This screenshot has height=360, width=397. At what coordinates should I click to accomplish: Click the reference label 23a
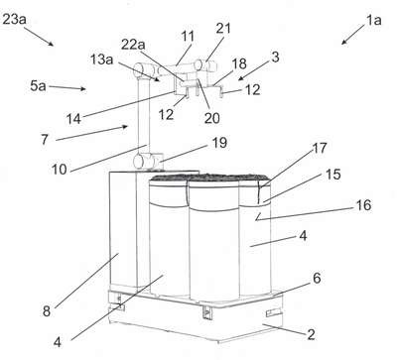coord(14,19)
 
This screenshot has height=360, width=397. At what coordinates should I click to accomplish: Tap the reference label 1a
coord(373,21)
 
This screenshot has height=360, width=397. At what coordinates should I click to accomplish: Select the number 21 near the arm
coord(223,29)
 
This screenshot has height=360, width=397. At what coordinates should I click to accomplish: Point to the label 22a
coord(133,45)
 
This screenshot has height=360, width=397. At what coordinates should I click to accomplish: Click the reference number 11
coord(188,37)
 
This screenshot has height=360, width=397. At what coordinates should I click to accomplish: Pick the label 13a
coord(101,60)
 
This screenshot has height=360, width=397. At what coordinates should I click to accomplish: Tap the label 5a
coord(38,86)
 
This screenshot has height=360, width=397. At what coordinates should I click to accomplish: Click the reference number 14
coord(73,119)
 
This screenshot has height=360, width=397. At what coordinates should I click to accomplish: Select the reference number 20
coord(211,118)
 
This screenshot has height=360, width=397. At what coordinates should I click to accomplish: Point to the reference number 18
coord(239,63)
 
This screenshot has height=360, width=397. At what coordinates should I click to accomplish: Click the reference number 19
coord(219,143)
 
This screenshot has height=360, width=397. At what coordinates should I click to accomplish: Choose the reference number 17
coord(320,148)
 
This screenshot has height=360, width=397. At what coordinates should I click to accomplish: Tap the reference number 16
coord(363,205)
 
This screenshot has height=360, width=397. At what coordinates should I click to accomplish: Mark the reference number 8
coord(47,311)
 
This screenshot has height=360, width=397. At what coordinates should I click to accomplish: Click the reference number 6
coord(317,279)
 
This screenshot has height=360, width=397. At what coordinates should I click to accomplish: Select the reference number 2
coord(311,334)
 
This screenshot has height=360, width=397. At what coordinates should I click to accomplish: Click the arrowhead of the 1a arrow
coord(343,42)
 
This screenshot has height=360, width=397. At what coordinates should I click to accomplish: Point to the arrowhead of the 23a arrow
coord(51,44)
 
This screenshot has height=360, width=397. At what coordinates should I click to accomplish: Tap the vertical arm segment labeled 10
coord(143,116)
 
